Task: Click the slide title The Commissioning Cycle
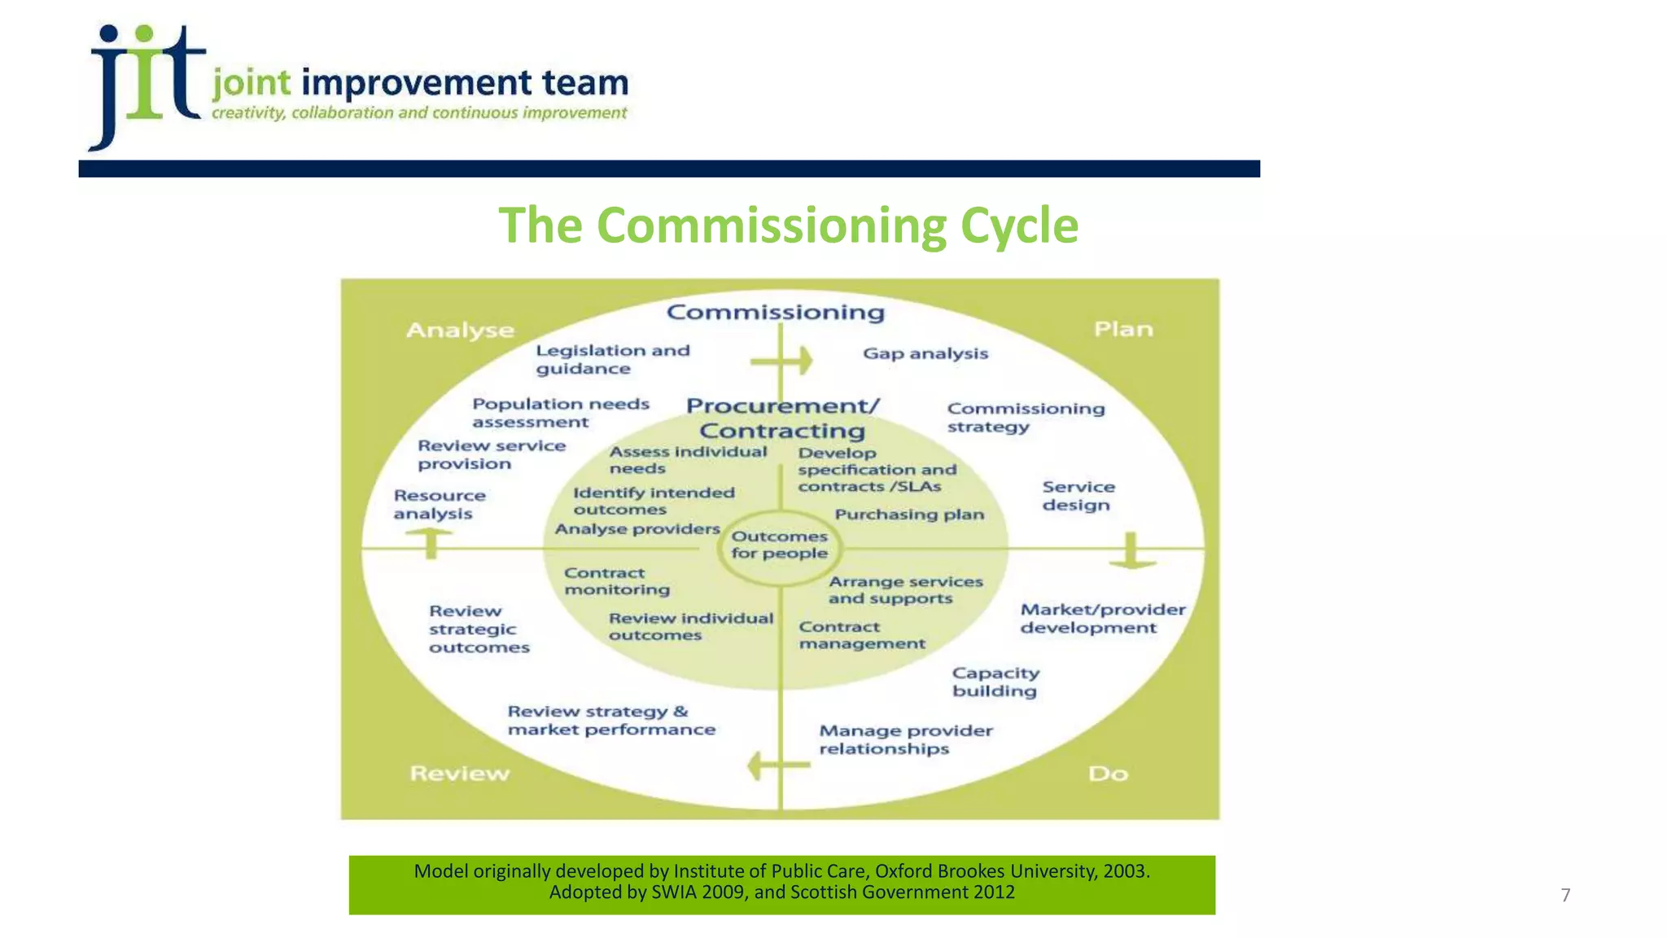point(788,226)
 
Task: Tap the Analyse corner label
point(460,330)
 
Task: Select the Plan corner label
point(1123,329)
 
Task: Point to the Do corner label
point(1108,774)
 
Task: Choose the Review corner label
point(460,773)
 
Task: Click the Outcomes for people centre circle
point(779,545)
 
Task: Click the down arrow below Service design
point(1131,551)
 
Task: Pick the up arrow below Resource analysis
point(431,541)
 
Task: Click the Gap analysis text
point(925,353)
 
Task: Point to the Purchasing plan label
point(909,515)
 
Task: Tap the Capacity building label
point(995,682)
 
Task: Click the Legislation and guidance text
point(612,359)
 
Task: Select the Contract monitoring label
point(617,581)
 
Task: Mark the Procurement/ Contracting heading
point(782,418)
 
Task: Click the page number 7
point(1565,896)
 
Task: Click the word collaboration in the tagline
point(343,113)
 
